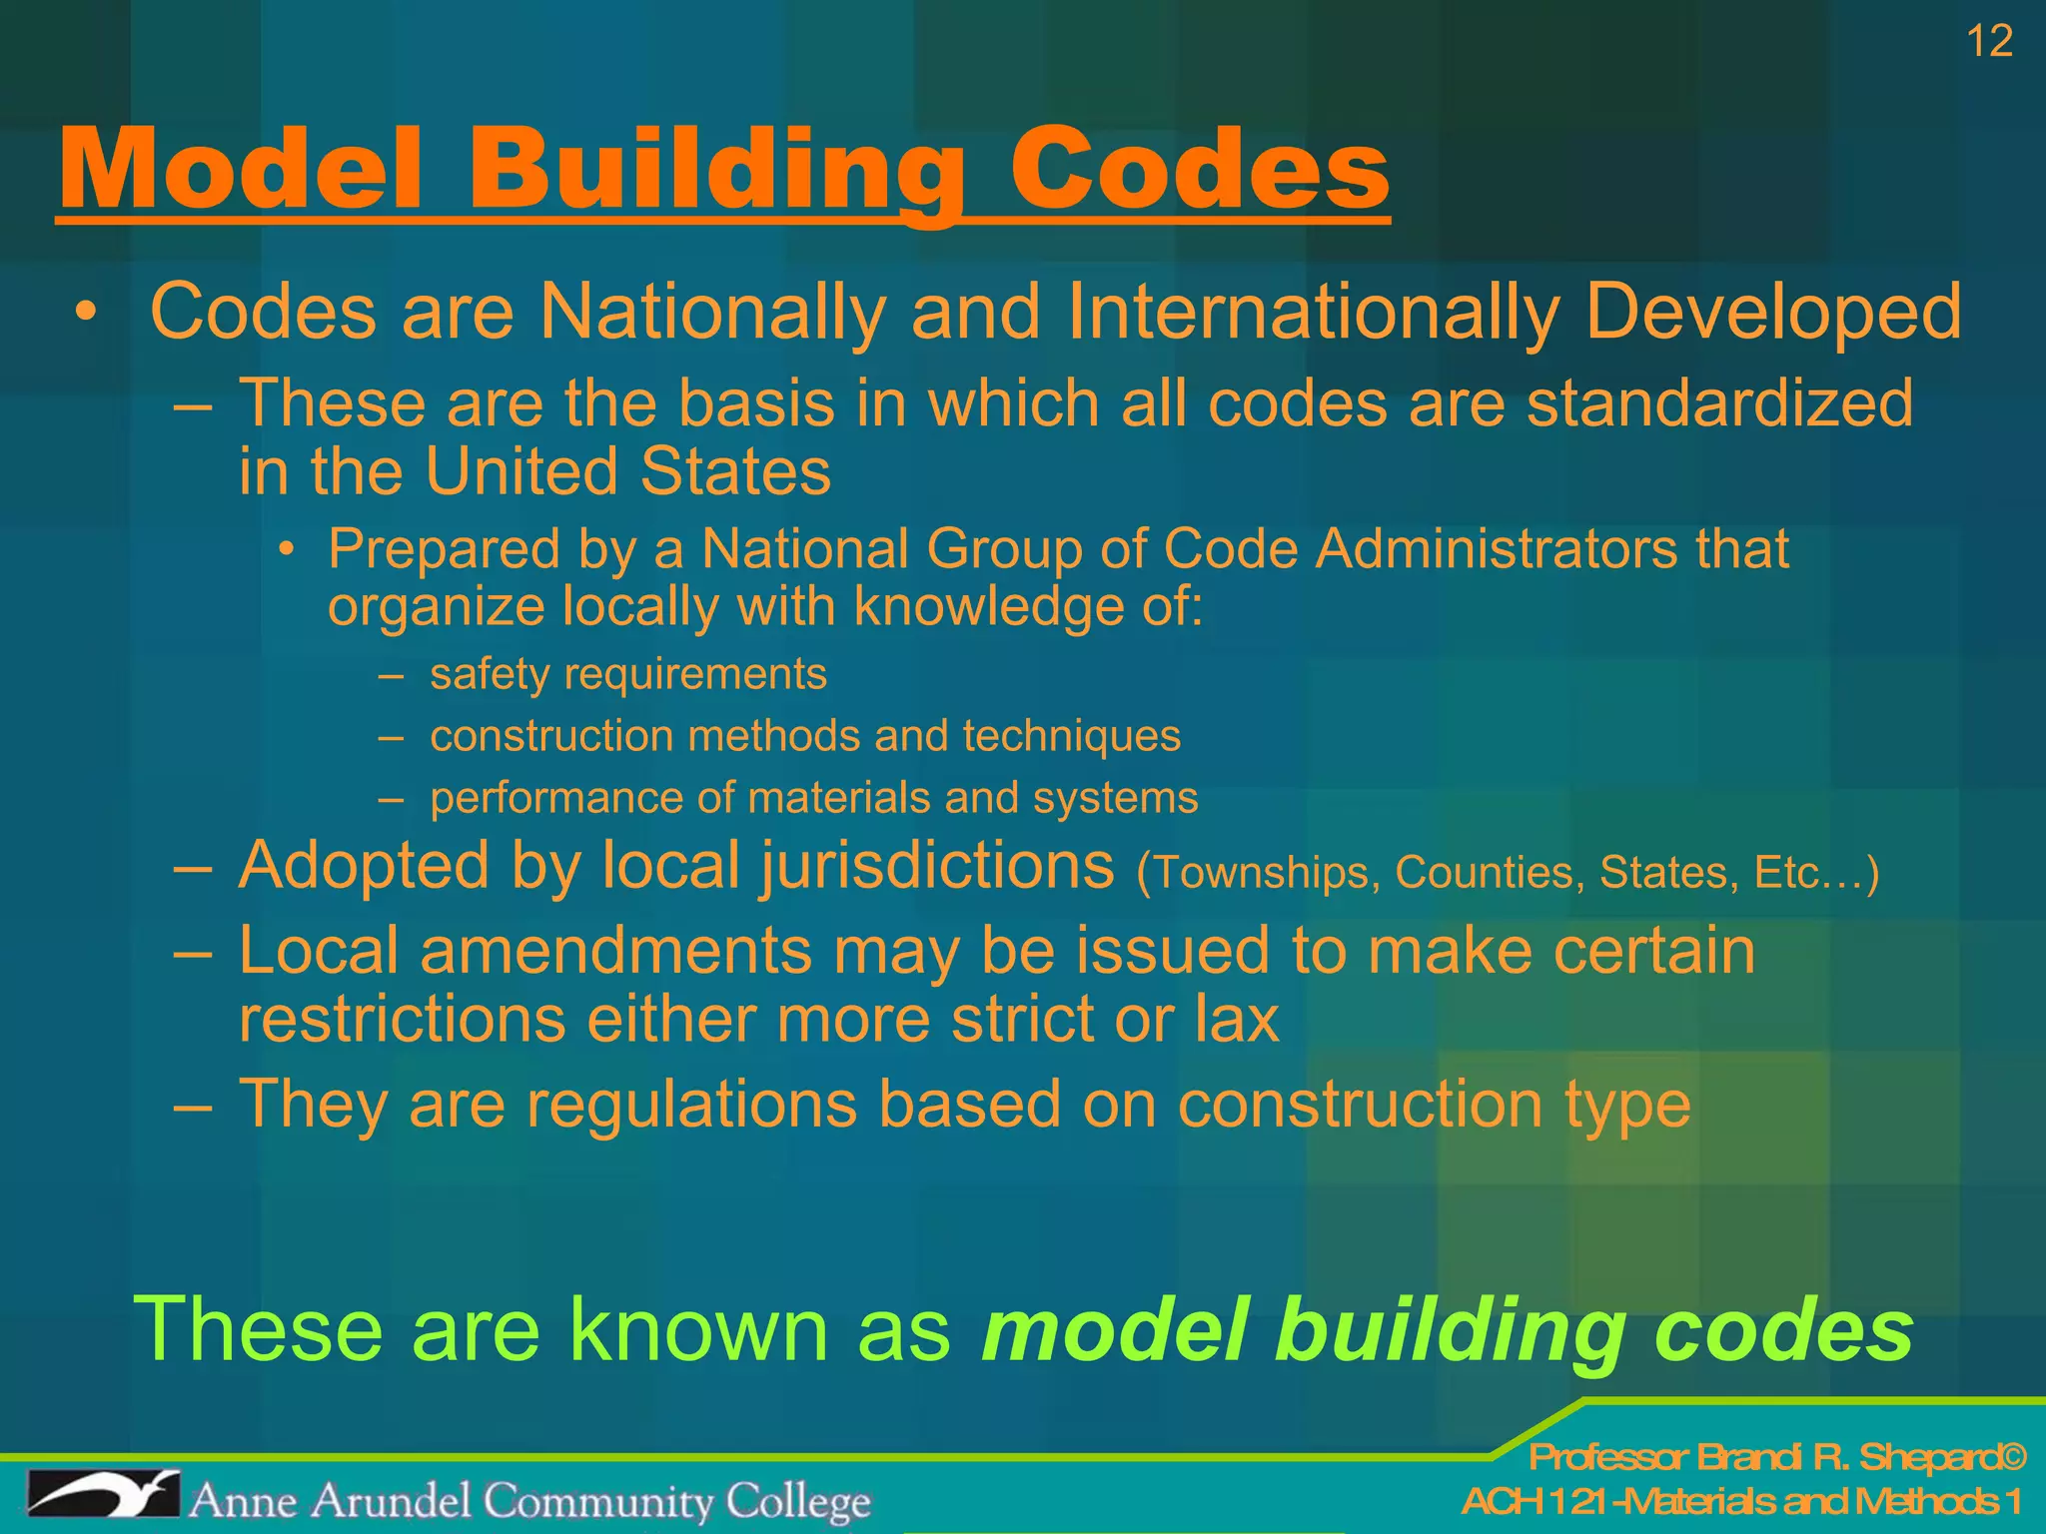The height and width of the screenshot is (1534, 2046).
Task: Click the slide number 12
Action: tap(1989, 42)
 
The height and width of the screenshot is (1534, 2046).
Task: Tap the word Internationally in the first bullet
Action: tap(1313, 312)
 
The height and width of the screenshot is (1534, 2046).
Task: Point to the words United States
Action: tap(627, 471)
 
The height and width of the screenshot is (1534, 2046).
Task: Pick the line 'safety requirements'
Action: tap(627, 674)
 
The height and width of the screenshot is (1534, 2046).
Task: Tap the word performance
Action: tap(554, 798)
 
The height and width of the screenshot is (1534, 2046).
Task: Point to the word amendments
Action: tap(615, 950)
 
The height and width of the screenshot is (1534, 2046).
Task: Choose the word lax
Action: tap(1237, 1020)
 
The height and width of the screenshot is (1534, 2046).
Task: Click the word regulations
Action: tap(691, 1104)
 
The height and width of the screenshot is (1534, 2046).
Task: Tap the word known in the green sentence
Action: tap(698, 1329)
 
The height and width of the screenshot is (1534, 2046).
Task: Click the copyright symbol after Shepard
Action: tap(2012, 1458)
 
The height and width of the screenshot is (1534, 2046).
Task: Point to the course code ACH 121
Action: tap(1538, 1502)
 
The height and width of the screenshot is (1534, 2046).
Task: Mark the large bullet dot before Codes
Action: tap(87, 313)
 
